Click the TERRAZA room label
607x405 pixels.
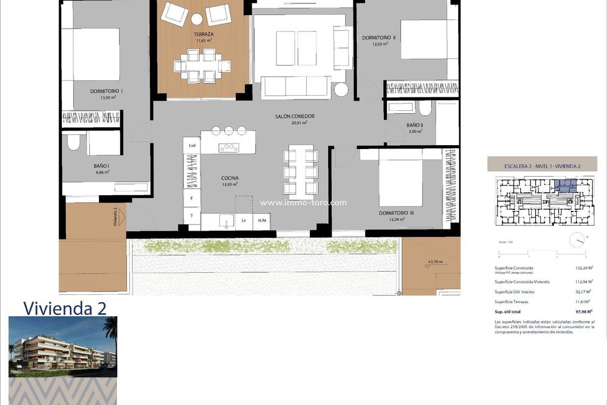pyautogui.click(x=197, y=34)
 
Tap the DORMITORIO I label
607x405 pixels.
pyautogui.click(x=106, y=91)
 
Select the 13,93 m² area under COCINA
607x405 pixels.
pyautogui.click(x=229, y=184)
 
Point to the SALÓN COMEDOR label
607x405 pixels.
pyautogui.click(x=295, y=116)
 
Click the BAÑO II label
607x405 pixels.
pyautogui.click(x=415, y=125)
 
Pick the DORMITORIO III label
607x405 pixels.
pyautogui.click(x=396, y=213)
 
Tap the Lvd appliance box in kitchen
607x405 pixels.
pyautogui.click(x=192, y=145)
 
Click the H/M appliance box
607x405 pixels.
pyautogui.click(x=262, y=221)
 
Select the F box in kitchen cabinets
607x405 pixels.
pyautogui.click(x=192, y=199)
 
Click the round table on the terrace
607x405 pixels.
pyautogui.click(x=197, y=19)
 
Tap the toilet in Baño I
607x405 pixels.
pyautogui.click(x=74, y=142)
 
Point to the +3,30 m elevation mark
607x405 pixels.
pyautogui.click(x=435, y=262)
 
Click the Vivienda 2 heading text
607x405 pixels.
pyautogui.click(x=65, y=308)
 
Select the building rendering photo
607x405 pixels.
pyautogui.click(x=62, y=346)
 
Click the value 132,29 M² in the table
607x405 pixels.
pyautogui.click(x=583, y=268)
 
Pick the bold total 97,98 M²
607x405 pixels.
pyautogui.click(x=583, y=311)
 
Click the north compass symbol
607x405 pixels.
pyautogui.click(x=577, y=240)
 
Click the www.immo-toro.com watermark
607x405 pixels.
pyautogui.click(x=303, y=203)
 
